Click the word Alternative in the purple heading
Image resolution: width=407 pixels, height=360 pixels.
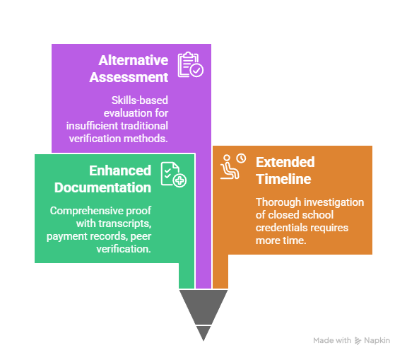pyautogui.click(x=133, y=60)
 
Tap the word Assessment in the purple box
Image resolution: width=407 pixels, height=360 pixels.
pyautogui.click(x=129, y=77)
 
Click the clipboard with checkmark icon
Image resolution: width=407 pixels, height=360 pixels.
pyautogui.click(x=191, y=64)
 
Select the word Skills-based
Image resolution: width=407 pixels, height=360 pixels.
pyautogui.click(x=140, y=100)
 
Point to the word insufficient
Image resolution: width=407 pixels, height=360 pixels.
pyautogui.click(x=91, y=126)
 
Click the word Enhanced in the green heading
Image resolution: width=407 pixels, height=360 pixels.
pyautogui.click(x=120, y=170)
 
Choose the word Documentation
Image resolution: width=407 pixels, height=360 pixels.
pyautogui.click(x=102, y=187)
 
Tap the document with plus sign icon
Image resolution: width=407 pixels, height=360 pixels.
pyautogui.click(x=173, y=175)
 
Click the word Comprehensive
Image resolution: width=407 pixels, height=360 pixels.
pyautogui.click(x=86, y=211)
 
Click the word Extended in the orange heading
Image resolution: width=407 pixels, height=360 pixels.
pyautogui.click(x=285, y=162)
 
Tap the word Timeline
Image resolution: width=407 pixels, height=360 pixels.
pyautogui.click(x=283, y=179)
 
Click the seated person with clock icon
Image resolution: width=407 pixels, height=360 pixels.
pyautogui.click(x=233, y=166)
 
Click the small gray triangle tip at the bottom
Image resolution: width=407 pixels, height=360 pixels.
pyautogui.click(x=203, y=333)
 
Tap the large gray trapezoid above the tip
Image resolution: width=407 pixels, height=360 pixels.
pyautogui.click(x=203, y=306)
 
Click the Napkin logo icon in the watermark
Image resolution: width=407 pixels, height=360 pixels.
pyautogui.click(x=358, y=340)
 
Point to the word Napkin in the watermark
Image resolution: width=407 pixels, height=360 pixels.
pyautogui.click(x=377, y=340)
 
